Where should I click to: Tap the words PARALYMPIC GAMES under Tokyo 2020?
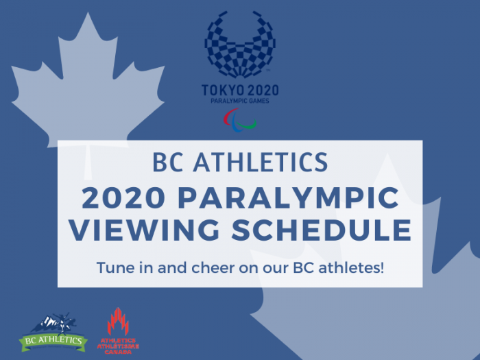(240, 101)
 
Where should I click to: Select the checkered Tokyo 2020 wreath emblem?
(240, 44)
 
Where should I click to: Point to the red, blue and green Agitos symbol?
(240, 120)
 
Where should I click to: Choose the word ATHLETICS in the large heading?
(261, 162)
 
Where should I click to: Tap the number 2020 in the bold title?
(123, 197)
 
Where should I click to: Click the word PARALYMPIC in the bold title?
(288, 197)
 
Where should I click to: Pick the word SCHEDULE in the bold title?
(321, 230)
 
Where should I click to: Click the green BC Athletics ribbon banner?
(53, 341)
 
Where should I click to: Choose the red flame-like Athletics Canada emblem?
(118, 322)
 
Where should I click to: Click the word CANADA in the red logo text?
(118, 352)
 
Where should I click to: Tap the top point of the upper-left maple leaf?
(88, 12)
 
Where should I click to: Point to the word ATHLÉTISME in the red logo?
(118, 346)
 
